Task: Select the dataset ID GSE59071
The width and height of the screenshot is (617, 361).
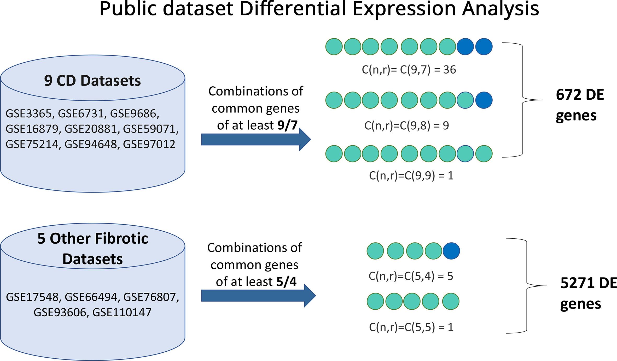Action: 150,129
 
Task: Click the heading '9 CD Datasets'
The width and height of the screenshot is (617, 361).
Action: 92,81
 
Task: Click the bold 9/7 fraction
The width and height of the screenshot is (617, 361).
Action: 287,125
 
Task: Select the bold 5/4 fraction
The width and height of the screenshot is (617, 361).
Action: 286,282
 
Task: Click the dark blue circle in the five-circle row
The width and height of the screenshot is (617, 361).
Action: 451,251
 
